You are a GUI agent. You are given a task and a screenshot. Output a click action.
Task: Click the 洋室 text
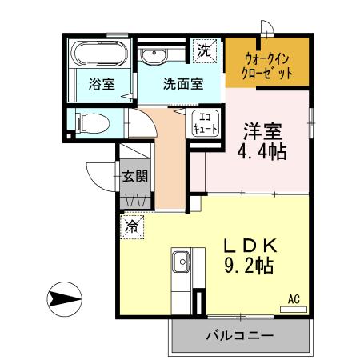click(262, 129)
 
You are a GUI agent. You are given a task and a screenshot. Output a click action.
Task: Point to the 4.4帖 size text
click(262, 150)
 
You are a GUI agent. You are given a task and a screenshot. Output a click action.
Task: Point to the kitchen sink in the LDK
click(181, 261)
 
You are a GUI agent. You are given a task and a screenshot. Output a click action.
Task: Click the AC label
click(294, 299)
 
